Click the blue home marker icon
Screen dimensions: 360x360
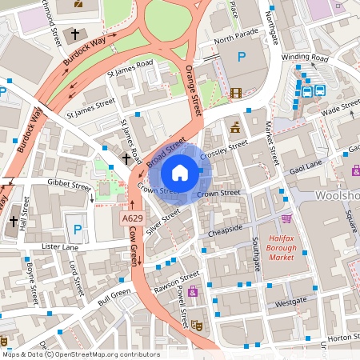pyautogui.click(x=180, y=172)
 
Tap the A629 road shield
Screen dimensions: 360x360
pyautogui.click(x=133, y=218)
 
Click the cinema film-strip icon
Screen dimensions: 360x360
pyautogui.click(x=236, y=93)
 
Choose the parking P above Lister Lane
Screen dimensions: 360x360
pyautogui.click(x=78, y=230)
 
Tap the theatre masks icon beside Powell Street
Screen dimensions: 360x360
pyautogui.click(x=197, y=323)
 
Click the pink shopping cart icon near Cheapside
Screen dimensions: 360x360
pyautogui.click(x=286, y=218)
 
